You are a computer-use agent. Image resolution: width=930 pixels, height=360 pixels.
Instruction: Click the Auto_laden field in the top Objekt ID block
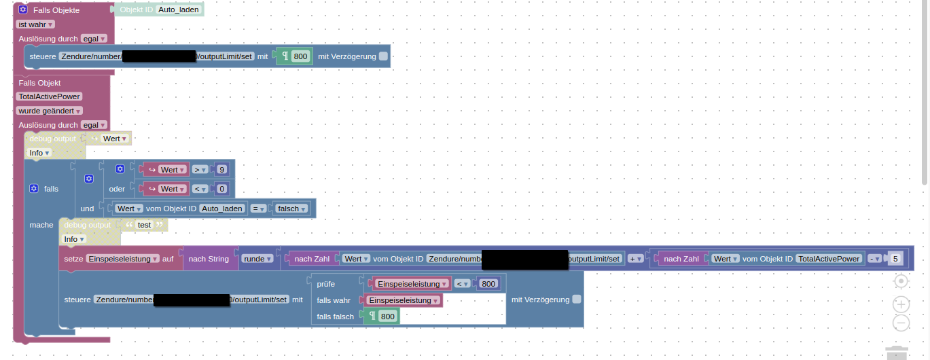point(179,10)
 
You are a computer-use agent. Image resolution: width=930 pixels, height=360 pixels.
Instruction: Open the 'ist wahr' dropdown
point(35,24)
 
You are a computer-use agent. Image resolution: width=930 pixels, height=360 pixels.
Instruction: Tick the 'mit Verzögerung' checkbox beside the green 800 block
point(384,56)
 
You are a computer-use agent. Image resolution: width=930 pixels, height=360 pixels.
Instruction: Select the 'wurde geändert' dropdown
point(50,111)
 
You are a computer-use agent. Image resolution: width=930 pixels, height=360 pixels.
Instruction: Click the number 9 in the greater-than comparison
point(221,169)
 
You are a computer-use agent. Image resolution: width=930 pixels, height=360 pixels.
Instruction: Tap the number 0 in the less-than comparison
point(221,189)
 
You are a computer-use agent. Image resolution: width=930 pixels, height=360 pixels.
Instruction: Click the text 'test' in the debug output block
point(145,225)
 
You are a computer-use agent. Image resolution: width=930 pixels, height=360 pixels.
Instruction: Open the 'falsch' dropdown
point(291,209)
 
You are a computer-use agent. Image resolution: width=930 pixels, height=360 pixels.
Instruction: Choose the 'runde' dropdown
point(258,259)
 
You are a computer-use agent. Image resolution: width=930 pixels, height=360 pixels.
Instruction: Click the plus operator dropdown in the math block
point(636,259)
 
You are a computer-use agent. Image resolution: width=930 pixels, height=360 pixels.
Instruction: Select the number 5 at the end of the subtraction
point(896,259)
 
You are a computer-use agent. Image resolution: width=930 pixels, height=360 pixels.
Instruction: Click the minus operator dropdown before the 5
point(875,259)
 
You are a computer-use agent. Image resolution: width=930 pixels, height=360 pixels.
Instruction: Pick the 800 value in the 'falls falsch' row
point(387,317)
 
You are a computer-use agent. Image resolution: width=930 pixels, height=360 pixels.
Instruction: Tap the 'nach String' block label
point(209,259)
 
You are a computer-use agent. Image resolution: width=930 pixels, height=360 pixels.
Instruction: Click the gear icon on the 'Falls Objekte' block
point(22,10)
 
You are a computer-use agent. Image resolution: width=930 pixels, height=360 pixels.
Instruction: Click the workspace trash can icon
point(897,351)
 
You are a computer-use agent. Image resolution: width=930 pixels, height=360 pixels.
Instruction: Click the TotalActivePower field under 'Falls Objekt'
point(50,96)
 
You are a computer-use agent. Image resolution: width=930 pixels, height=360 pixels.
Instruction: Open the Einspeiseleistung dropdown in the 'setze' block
point(123,259)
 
